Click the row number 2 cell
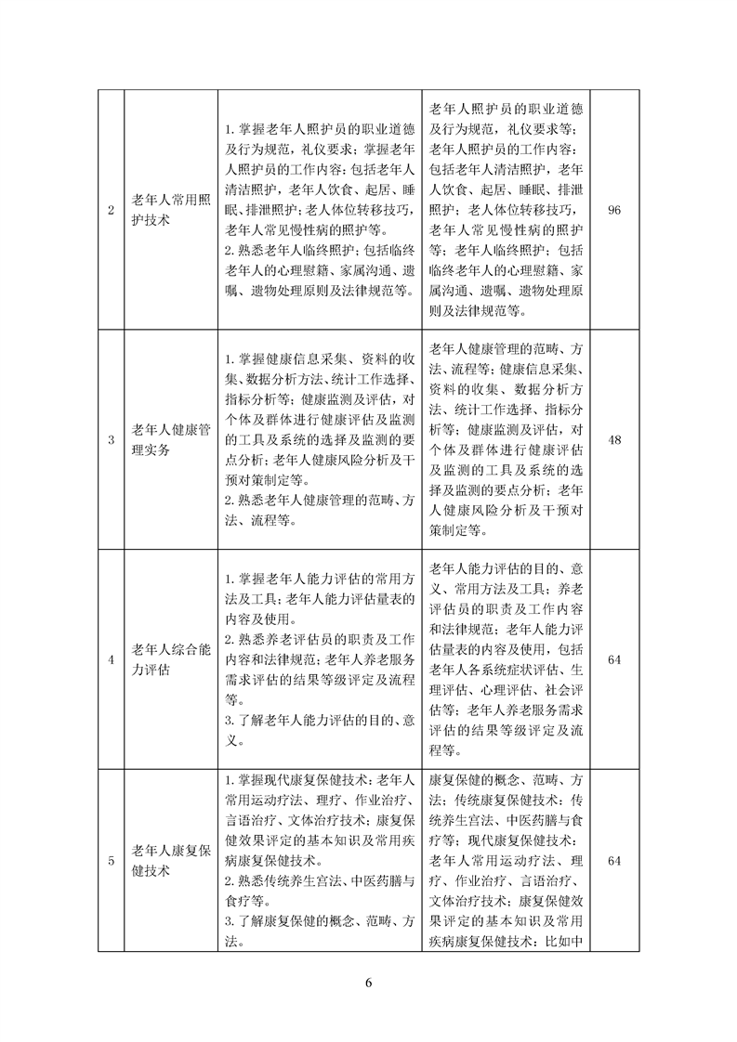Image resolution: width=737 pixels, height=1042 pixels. [111, 211]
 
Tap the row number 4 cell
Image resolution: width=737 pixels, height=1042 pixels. [111, 659]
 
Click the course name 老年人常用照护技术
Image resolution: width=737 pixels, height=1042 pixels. [172, 211]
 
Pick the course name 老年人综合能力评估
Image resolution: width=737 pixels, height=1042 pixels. [172, 659]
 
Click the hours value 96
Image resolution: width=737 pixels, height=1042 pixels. [613, 211]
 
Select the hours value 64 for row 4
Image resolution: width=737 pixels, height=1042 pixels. [613, 659]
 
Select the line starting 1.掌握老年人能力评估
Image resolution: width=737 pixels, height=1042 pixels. [320, 580]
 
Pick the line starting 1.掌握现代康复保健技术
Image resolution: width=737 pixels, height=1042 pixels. [320, 780]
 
